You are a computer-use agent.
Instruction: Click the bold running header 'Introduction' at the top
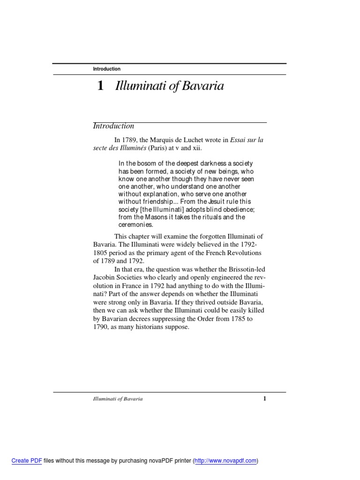tap(106, 69)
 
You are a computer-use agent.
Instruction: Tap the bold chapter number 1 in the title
tap(100, 86)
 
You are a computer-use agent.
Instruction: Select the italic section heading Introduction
tap(113, 126)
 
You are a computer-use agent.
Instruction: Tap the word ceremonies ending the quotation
tap(136, 225)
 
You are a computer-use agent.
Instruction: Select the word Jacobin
tap(105, 277)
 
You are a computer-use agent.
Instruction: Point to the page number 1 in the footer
tap(265, 399)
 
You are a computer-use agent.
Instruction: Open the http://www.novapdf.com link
tap(226, 461)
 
